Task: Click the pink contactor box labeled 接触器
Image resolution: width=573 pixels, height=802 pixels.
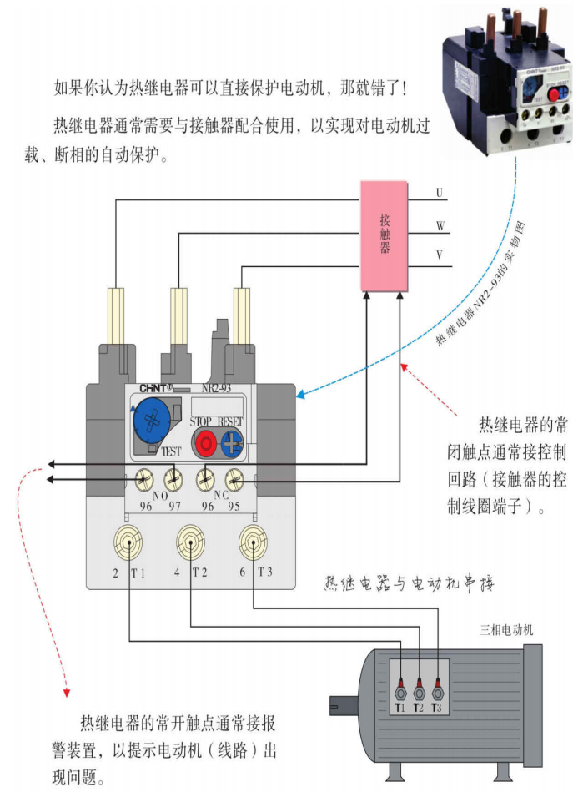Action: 385,236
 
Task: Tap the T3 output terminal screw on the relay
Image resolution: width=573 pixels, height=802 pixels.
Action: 253,540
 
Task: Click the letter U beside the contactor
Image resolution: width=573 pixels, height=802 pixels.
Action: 440,193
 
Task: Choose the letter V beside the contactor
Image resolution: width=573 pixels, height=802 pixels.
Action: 440,255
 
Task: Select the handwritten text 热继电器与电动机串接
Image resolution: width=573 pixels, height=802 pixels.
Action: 410,583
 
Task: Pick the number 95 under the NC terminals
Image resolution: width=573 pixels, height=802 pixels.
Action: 236,505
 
